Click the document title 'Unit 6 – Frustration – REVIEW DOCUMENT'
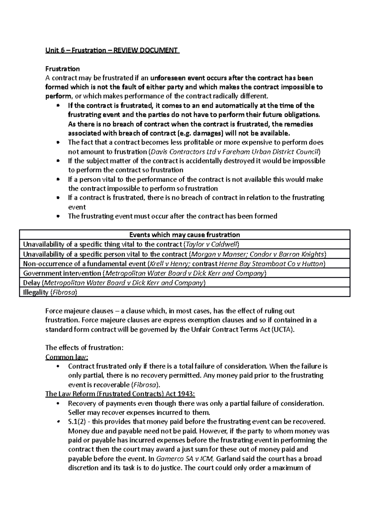112,50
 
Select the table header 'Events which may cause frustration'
184,235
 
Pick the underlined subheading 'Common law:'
67,357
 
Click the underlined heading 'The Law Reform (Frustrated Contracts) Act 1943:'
120,394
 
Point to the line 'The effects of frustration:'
84,348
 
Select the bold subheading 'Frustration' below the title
62,69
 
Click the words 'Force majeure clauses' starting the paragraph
79,311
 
